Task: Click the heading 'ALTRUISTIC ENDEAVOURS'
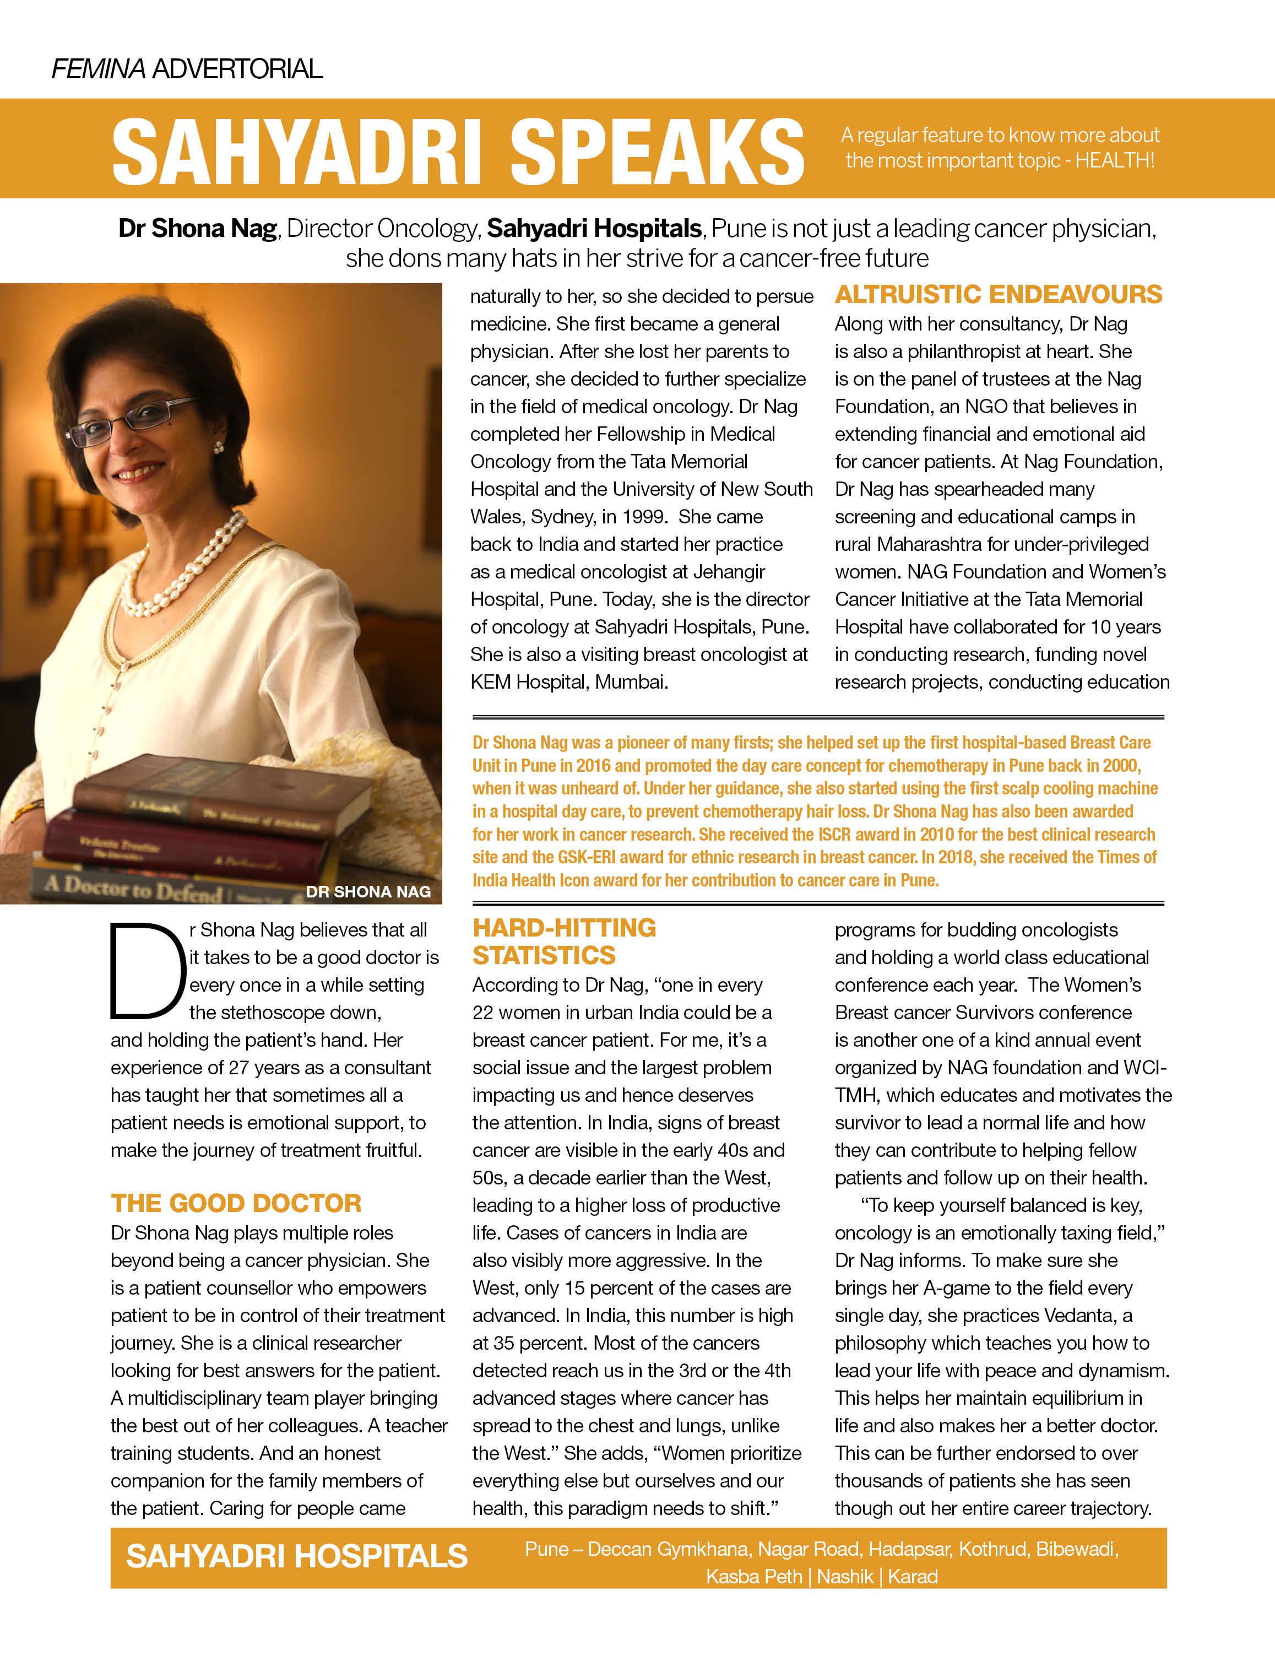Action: click(998, 295)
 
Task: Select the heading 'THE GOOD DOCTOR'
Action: click(236, 1203)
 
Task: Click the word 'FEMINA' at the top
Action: click(98, 69)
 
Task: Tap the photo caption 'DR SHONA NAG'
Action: click(368, 892)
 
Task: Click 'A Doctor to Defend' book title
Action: click(133, 887)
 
